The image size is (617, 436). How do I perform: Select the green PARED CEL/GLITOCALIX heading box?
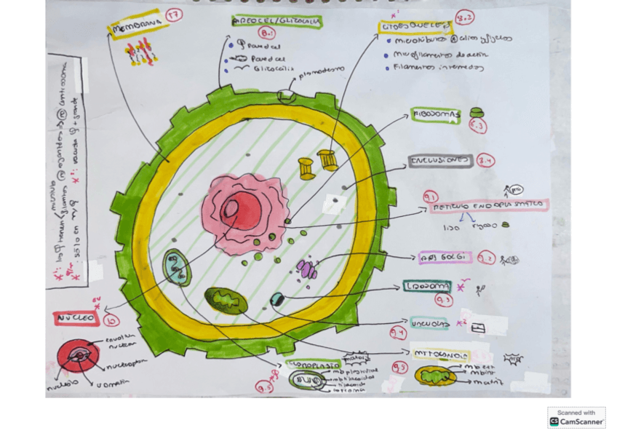[276, 22]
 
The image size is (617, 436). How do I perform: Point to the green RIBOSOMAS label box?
[436, 114]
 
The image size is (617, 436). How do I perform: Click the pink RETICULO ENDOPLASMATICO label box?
[485, 206]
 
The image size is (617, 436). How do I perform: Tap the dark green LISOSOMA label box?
[428, 286]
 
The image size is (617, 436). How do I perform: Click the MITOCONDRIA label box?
[439, 354]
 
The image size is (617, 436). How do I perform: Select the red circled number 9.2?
[487, 258]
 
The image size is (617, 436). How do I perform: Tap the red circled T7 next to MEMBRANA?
[174, 15]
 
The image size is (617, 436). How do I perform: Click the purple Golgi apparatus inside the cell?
[307, 270]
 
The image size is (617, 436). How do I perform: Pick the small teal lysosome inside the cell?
[276, 298]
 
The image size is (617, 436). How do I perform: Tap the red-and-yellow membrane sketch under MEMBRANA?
[140, 52]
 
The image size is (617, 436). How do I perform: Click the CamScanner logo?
[576, 417]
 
